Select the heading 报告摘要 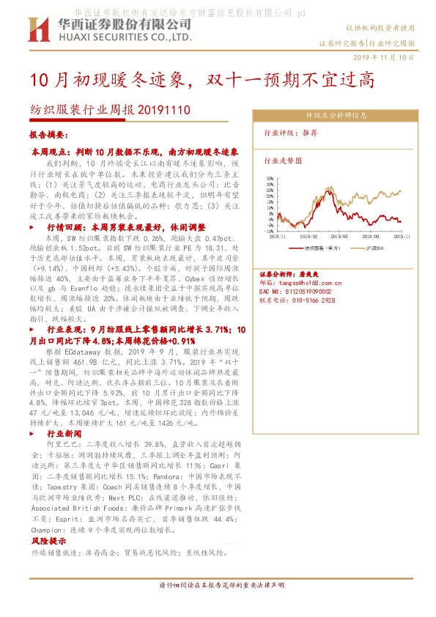(x=48, y=136)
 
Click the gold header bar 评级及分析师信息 (x=336, y=115)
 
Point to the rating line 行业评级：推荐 (x=291, y=133)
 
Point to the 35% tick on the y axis (x=270, y=177)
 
